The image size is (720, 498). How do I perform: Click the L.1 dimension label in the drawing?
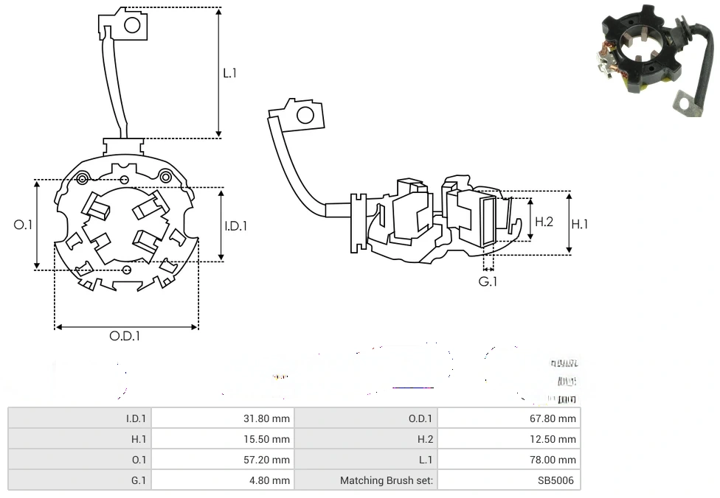[230, 73]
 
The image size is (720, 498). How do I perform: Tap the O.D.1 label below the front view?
[125, 336]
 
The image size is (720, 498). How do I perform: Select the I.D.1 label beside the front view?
[236, 226]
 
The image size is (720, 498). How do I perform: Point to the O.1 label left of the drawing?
[24, 225]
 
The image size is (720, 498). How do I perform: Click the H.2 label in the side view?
[544, 222]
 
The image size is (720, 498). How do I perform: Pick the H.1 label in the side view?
[580, 224]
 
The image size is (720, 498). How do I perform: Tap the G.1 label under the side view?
[488, 281]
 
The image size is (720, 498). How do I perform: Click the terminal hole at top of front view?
[132, 25]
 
